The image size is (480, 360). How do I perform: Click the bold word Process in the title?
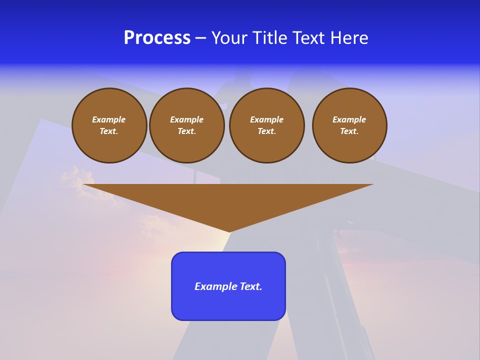[x=157, y=38]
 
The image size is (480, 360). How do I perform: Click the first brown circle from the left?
[x=109, y=125]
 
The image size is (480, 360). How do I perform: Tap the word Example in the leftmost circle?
[x=109, y=119]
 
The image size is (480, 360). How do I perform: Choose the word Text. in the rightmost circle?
[x=349, y=131]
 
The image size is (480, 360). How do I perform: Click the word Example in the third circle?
[x=267, y=119]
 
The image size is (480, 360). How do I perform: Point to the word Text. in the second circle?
[x=187, y=131]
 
